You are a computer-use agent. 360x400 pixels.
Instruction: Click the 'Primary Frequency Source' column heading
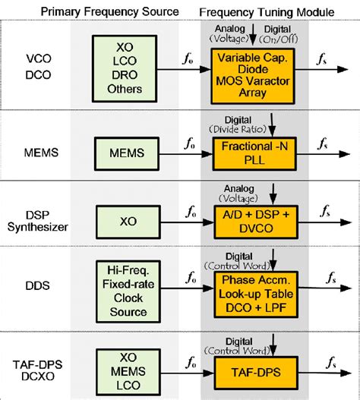[x=121, y=11]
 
